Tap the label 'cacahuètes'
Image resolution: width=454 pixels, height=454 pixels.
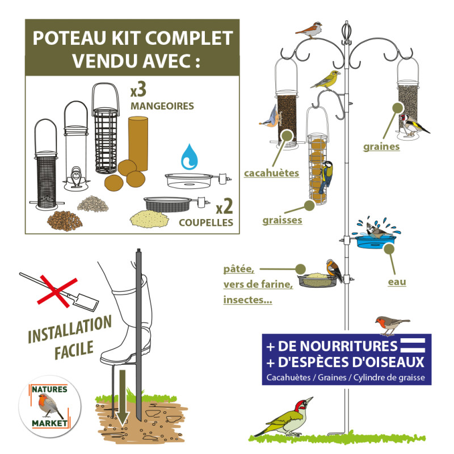click(271, 173)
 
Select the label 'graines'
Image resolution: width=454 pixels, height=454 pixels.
click(381, 146)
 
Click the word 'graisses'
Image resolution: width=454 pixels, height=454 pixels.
click(282, 219)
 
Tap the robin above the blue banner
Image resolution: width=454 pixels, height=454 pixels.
click(390, 325)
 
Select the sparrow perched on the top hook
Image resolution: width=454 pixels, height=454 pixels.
click(310, 29)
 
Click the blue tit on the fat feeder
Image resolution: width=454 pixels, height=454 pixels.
click(326, 176)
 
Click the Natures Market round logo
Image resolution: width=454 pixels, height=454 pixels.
click(49, 406)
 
